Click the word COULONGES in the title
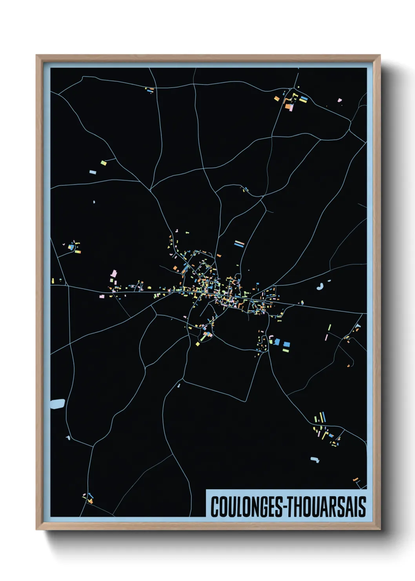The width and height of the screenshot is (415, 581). [245, 507]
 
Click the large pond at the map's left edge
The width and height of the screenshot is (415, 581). [58, 404]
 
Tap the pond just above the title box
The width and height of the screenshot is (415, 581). [314, 459]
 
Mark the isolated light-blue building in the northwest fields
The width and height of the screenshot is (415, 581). [93, 172]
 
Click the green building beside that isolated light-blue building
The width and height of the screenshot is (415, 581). [104, 163]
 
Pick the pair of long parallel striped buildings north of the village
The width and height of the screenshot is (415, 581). [239, 244]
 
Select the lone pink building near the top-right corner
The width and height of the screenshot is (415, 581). [340, 100]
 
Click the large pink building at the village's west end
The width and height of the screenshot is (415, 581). [114, 273]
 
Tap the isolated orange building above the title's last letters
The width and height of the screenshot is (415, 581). [356, 480]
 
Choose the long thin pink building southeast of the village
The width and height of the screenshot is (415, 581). [326, 337]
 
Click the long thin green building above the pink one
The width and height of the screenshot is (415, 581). [329, 327]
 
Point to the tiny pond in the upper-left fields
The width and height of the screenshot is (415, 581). [94, 202]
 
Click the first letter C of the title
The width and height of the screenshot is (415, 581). [215, 507]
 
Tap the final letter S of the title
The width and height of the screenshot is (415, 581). [362, 507]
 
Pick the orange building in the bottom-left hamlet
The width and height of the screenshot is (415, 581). [91, 501]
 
